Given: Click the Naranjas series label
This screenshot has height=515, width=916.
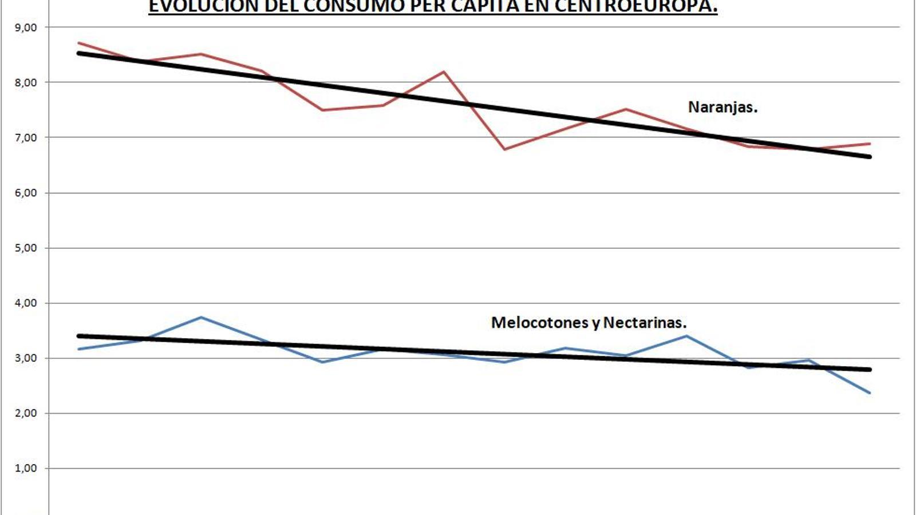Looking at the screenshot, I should (722, 107).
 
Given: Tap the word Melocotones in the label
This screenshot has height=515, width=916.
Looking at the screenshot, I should (539, 323).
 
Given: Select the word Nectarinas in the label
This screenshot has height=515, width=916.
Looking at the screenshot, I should (645, 323).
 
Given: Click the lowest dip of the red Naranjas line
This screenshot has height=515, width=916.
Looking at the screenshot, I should (504, 149).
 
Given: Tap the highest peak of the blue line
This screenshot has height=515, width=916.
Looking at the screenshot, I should (201, 317).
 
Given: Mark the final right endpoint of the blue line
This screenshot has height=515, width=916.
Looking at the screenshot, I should (870, 393).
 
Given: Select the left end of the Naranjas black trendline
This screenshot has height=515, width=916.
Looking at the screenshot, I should (78, 53).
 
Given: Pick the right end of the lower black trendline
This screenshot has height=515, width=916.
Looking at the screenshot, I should (870, 370).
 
